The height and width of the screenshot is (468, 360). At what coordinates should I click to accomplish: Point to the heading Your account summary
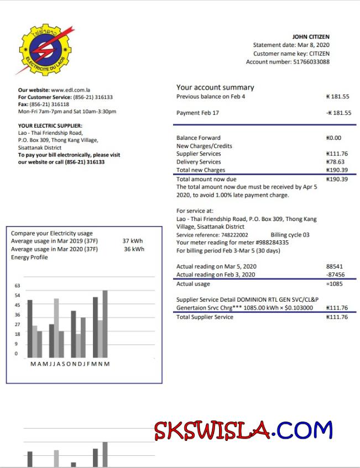[215, 87]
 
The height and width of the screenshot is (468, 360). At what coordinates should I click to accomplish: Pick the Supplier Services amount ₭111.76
[337, 154]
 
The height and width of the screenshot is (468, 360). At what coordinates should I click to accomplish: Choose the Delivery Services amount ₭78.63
[338, 162]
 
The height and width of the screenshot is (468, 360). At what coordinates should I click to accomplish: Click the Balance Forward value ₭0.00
[334, 138]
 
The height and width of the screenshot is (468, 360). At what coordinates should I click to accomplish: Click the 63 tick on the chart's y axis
[17, 286]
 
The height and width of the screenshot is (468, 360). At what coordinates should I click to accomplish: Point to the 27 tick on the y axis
[17, 324]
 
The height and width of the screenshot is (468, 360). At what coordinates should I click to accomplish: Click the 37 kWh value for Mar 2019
[133, 241]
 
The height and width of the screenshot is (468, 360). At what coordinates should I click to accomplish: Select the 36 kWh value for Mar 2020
[134, 249]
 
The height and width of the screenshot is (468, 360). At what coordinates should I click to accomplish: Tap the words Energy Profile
[29, 257]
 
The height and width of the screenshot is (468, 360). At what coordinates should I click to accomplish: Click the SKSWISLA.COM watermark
[243, 430]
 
